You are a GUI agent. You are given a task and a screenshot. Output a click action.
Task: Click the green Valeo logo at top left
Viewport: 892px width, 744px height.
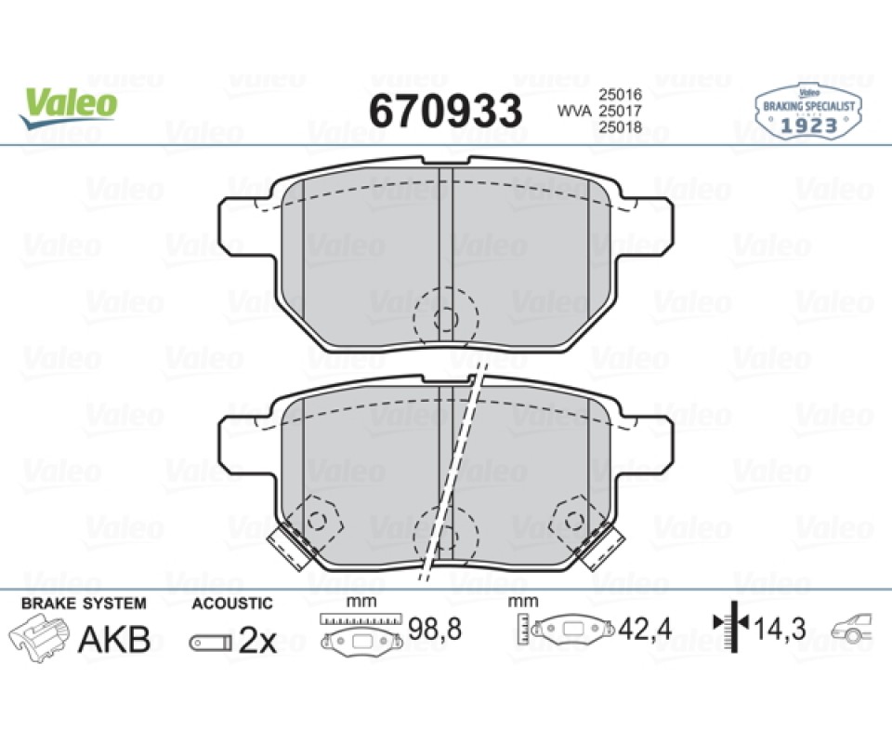pyautogui.click(x=68, y=108)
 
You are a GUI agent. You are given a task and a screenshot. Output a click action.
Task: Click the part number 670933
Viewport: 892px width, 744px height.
pyautogui.click(x=445, y=111)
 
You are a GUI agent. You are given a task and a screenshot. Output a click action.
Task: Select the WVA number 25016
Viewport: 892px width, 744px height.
pyautogui.click(x=620, y=94)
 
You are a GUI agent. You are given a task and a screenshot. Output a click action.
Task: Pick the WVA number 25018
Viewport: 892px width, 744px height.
pyautogui.click(x=620, y=126)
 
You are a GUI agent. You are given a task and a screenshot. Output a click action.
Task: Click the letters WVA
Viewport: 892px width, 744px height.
pyautogui.click(x=574, y=111)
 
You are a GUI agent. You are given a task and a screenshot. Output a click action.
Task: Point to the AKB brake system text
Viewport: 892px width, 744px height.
pyautogui.click(x=114, y=639)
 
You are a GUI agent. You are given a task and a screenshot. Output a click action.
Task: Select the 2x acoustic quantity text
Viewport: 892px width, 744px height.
pyautogui.click(x=257, y=642)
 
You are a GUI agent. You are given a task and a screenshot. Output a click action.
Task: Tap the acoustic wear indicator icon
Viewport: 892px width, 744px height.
pyautogui.click(x=211, y=643)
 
